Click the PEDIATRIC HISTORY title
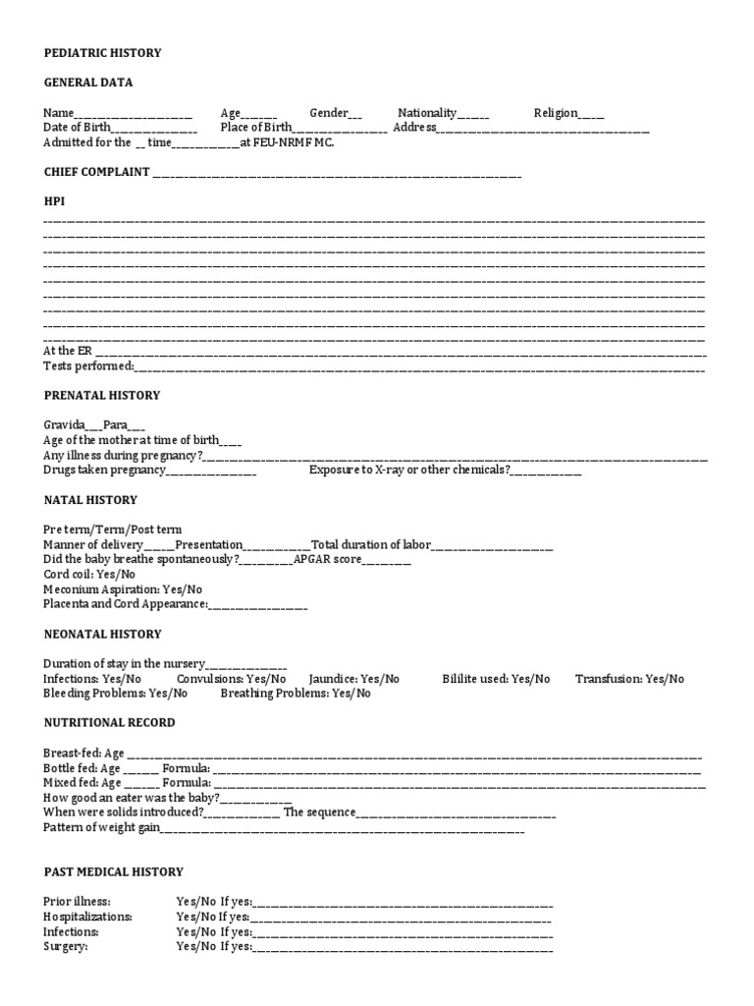[102, 52]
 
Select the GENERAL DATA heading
[87, 83]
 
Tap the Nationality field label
[427, 113]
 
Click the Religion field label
[556, 113]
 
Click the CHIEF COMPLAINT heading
[96, 172]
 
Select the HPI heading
[54, 201]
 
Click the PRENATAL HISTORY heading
[101, 396]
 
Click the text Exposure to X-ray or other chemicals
[409, 471]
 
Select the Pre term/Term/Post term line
[112, 530]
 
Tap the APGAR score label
[329, 559]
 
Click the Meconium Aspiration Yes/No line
[123, 589]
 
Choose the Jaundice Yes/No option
[353, 679]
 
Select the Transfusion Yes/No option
[629, 679]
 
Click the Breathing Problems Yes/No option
[296, 694]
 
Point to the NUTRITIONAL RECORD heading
[109, 723]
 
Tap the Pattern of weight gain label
[101, 828]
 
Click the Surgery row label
[66, 947]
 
